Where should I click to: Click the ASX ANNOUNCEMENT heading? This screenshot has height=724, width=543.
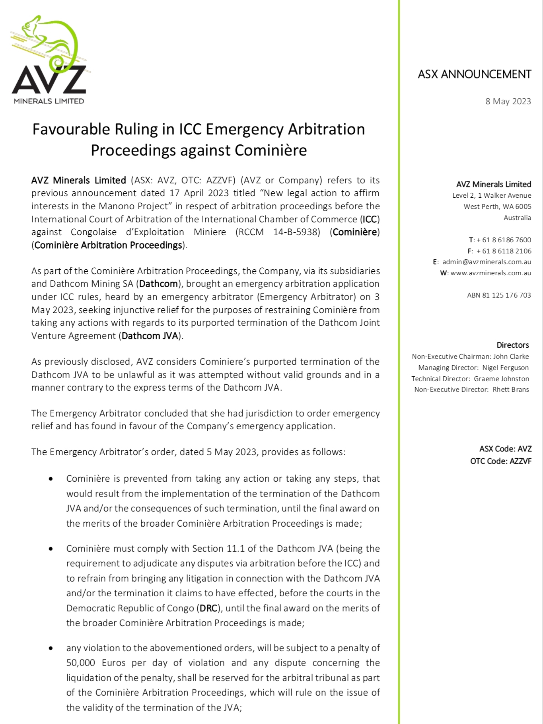pos(474,74)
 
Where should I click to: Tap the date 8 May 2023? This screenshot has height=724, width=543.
pos(508,101)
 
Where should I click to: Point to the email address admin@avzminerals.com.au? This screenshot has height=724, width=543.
pos(487,262)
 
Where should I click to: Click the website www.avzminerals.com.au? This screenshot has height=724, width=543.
pos(490,273)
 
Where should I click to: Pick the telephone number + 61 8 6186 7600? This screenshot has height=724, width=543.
pos(504,240)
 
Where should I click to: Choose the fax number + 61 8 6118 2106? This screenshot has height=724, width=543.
pos(504,251)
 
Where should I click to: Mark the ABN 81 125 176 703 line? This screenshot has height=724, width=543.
pos(499,295)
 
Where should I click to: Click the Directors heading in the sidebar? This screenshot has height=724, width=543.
pos(512,345)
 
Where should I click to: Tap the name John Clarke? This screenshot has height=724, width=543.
pos(511,356)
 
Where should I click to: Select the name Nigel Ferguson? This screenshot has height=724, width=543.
pos(506,368)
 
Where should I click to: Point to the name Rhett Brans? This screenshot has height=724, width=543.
pos(511,389)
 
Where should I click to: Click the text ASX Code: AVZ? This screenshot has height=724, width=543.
pos(505,449)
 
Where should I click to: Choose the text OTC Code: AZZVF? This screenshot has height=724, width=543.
pos(500,461)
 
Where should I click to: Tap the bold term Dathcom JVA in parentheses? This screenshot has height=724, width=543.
pos(150,336)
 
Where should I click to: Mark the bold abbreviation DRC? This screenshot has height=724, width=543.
pos(208,608)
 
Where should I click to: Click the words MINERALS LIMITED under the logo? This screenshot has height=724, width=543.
pos(49,101)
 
